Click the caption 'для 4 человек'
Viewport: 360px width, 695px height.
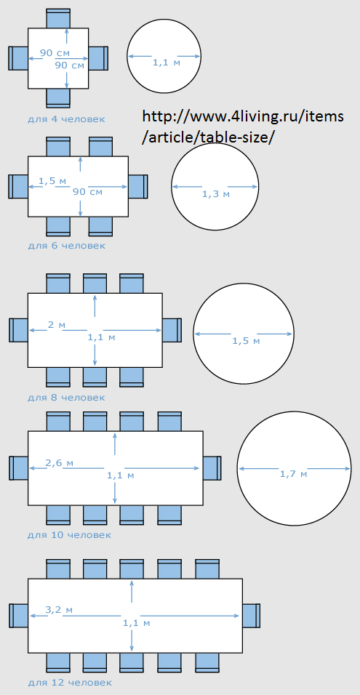pos(66,118)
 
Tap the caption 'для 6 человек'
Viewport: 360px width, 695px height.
pos(66,245)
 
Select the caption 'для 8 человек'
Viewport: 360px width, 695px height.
pos(66,397)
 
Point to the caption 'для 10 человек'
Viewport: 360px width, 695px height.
pos(69,534)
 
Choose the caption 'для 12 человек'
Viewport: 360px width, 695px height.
pos(69,682)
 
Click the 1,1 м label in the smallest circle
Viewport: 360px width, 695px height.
pos(167,63)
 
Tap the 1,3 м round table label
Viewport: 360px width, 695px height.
pos(216,193)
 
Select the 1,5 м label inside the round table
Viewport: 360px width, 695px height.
pos(246,341)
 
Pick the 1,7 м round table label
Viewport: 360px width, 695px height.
pos(294,474)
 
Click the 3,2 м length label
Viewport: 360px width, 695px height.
pos(59,609)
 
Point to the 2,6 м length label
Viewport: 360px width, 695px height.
pos(60,463)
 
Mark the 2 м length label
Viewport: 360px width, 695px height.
pos(56,324)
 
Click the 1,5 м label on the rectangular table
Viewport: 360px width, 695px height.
pos(52,181)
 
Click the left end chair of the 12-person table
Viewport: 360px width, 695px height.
pos(19,616)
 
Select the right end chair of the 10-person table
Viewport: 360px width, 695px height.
pos(212,468)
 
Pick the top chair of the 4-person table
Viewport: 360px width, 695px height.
pos(58,19)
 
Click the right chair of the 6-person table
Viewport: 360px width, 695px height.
pos(138,187)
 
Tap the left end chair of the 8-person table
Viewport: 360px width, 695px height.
pos(19,330)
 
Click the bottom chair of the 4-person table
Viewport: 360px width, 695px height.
pos(58,97)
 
